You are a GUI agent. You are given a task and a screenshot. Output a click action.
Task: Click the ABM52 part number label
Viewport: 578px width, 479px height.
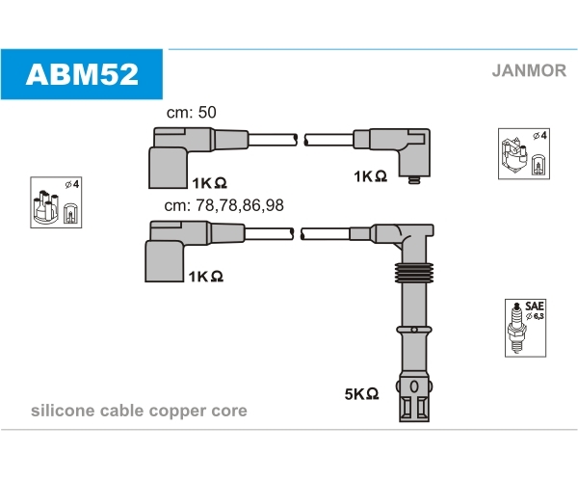point(82,73)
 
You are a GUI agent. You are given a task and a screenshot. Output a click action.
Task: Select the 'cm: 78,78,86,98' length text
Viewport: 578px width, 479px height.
point(224,205)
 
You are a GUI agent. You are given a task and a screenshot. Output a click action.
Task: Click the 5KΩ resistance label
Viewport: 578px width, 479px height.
point(361,393)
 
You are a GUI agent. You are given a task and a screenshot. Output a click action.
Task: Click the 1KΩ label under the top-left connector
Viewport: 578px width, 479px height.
point(208,182)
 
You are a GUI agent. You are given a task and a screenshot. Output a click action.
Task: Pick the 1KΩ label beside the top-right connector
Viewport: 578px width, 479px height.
point(370,176)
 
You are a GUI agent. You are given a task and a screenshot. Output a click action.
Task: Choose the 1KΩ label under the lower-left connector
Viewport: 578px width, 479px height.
point(206,276)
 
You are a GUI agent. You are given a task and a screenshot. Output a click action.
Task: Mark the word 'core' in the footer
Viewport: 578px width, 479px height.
point(230,411)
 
